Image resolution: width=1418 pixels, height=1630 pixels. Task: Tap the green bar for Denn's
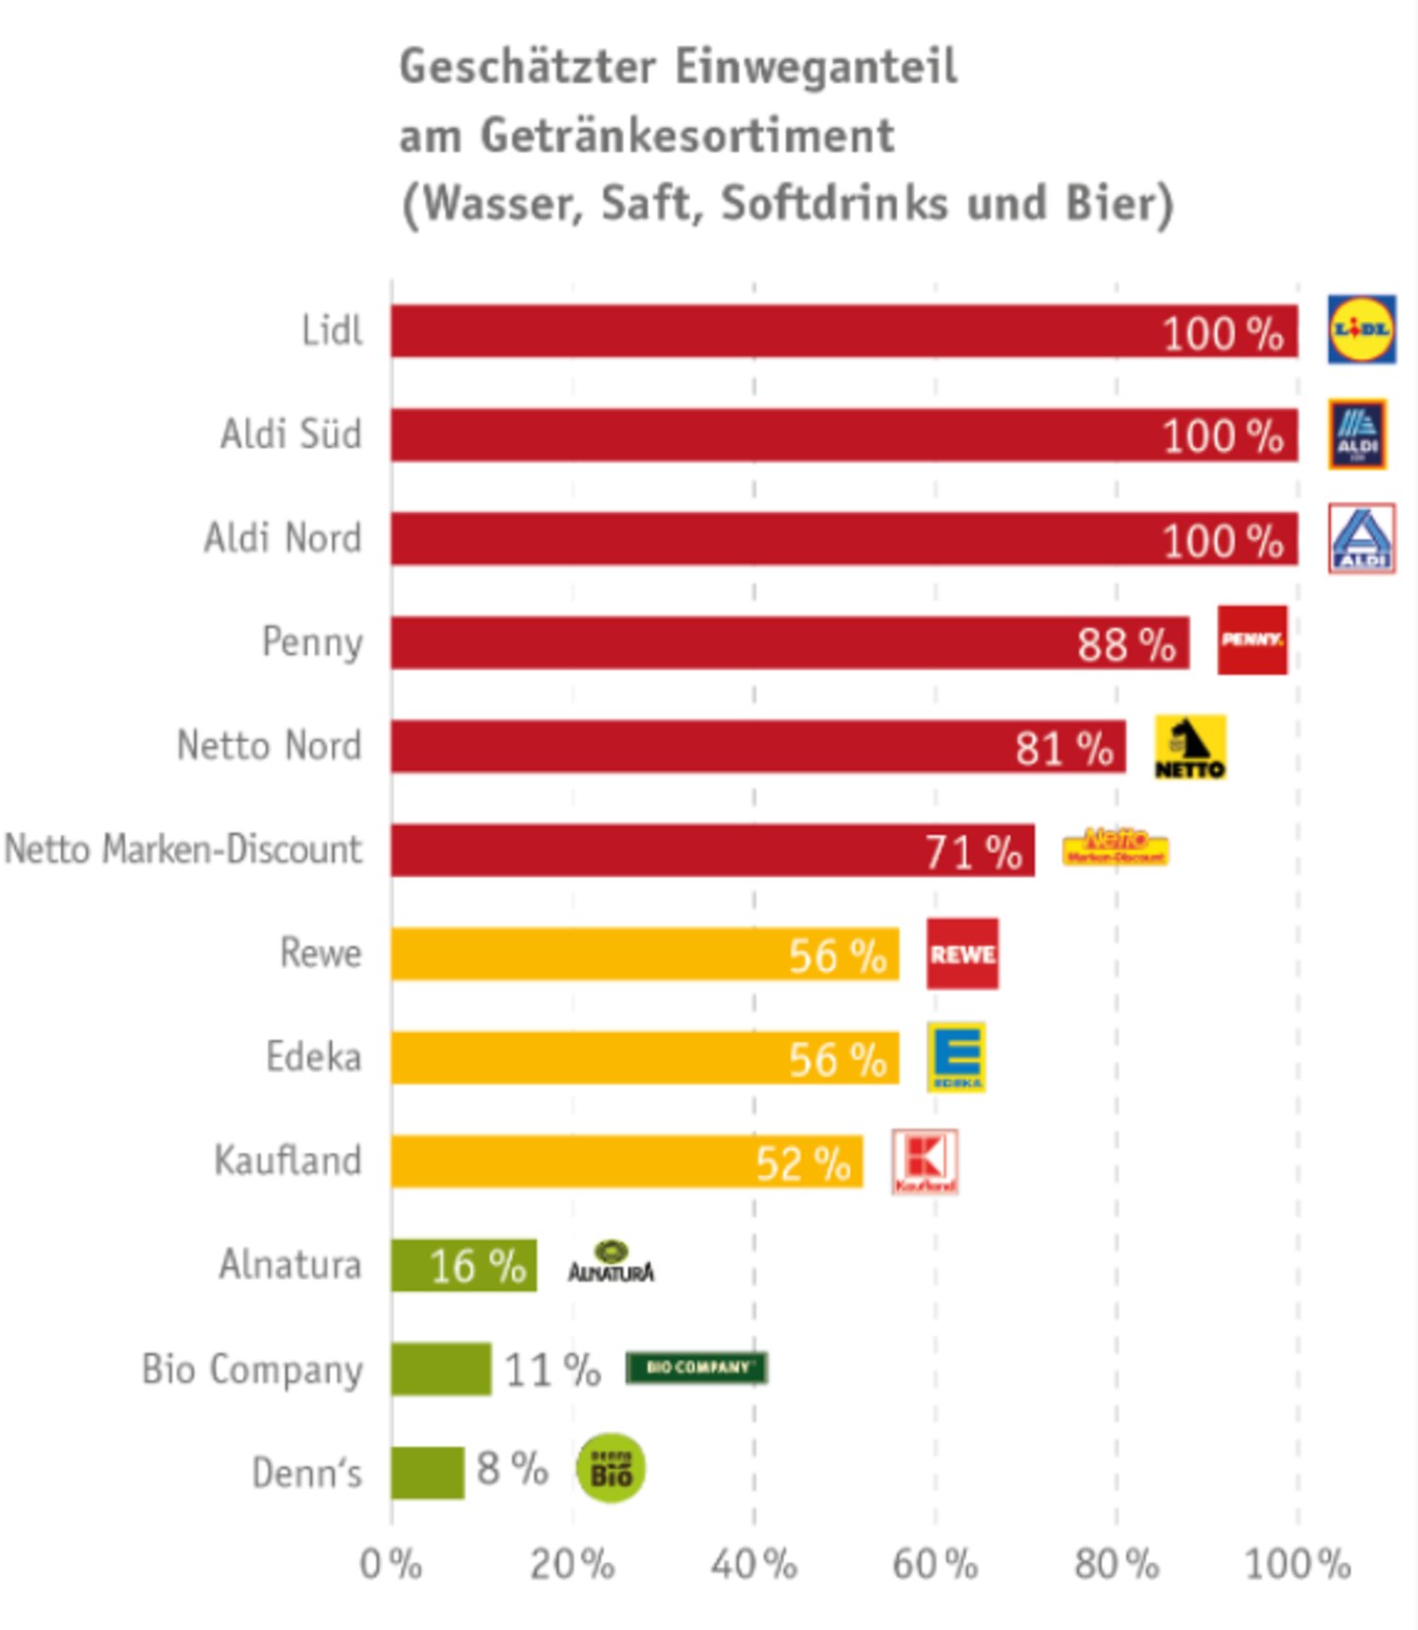tap(426, 1472)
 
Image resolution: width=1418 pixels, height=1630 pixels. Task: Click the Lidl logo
tap(1361, 329)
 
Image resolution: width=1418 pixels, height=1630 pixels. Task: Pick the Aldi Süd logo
tap(1357, 433)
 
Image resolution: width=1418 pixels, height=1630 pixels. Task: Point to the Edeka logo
tap(956, 1057)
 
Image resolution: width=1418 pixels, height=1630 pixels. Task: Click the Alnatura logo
tap(611, 1264)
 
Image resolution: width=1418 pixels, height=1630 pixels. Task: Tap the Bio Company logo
tap(696, 1368)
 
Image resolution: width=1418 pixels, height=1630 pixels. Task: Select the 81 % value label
tap(1063, 749)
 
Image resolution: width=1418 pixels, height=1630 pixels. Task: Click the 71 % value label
tap(973, 853)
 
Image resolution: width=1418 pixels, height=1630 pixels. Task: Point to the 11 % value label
tap(552, 1370)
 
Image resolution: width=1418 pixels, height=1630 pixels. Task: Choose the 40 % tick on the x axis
tap(754, 1564)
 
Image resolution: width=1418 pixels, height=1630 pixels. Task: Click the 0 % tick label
tap(391, 1564)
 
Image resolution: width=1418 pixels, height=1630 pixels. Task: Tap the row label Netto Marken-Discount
tap(184, 849)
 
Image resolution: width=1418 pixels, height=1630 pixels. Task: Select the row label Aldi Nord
tap(283, 539)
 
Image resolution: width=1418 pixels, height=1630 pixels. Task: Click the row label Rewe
tap(321, 953)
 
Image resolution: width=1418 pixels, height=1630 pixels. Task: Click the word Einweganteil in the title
tap(816, 67)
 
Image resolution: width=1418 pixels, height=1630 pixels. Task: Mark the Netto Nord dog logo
tap(1190, 748)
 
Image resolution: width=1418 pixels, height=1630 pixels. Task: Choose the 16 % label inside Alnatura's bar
tap(478, 1267)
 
